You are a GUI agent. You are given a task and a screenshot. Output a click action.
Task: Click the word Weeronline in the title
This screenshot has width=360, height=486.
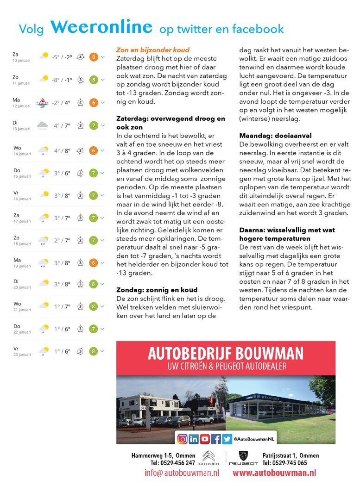pos(101,27)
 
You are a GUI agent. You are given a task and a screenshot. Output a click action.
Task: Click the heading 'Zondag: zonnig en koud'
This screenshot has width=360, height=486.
pos(157,290)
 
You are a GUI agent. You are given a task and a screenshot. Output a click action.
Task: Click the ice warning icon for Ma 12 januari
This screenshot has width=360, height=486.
pos(43,102)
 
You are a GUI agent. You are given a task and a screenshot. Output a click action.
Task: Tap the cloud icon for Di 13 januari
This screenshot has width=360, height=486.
pos(42,125)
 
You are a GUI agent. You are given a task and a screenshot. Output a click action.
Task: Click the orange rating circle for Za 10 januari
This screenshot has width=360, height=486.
pos(93,57)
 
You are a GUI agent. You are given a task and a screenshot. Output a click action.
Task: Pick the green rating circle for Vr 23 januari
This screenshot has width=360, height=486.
pos(93,351)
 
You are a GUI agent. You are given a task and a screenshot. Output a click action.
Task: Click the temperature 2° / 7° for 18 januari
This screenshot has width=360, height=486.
pos(62,241)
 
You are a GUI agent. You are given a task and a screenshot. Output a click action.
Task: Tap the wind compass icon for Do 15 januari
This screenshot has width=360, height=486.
pos(80,173)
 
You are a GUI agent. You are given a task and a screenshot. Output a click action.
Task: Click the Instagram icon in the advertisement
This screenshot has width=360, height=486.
pos(183,439)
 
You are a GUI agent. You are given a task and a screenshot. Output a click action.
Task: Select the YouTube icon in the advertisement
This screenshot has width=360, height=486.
pos(205,439)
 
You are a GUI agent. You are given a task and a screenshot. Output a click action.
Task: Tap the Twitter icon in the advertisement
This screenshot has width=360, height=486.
pos(227,439)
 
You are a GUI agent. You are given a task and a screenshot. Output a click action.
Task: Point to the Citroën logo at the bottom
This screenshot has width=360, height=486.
pos(208,457)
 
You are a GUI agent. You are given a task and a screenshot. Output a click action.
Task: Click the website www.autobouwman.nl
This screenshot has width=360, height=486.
pos(274,473)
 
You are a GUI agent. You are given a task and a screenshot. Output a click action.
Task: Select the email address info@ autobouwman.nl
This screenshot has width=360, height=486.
pos(182,473)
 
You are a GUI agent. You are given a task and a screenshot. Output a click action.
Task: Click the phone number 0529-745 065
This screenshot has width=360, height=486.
pos(284,463)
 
